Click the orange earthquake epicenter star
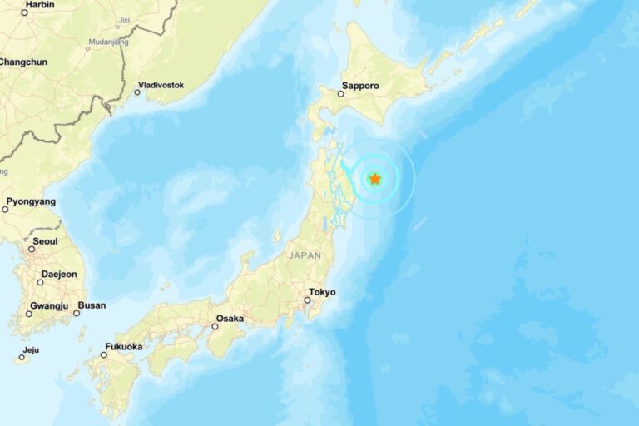pos(375,179)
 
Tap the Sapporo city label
pos(360,86)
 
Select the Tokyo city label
pos(321,292)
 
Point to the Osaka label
pos(230,319)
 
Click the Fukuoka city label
pos(123,346)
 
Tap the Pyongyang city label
pos(31,201)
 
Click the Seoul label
pos(45,241)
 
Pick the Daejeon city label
pos(59,274)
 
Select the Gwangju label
pos(48,305)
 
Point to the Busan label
pos(92,305)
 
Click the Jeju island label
pos(32,350)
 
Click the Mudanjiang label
pos(108,42)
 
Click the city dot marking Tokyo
pos(307,300)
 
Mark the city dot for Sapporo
pos(340,94)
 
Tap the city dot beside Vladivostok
pos(137,92)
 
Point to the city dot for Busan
pos(77,313)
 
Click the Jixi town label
pos(124,19)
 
